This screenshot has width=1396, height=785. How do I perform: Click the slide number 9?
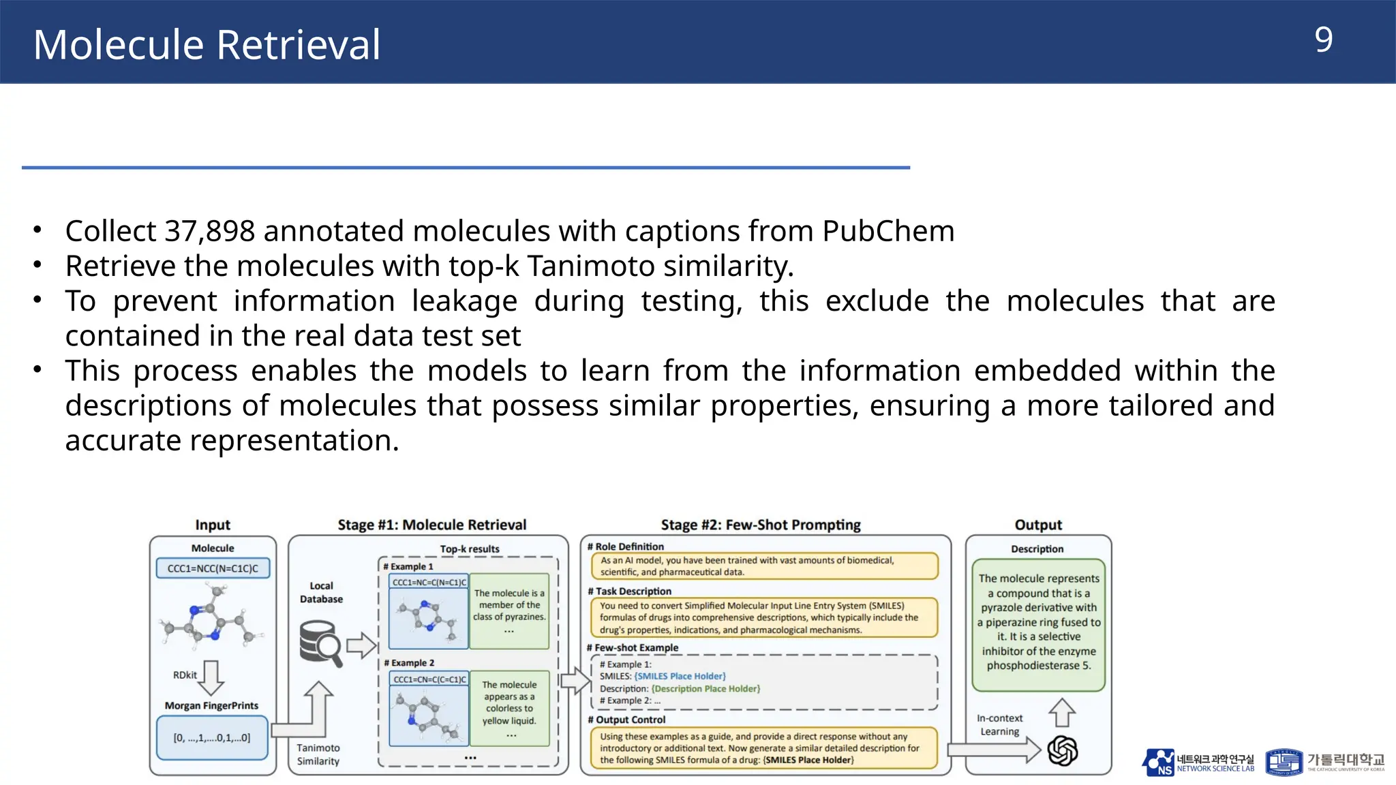click(x=1323, y=40)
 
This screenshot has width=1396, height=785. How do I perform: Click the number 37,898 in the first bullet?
click(x=210, y=232)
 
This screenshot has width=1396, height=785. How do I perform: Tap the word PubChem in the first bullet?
click(x=887, y=232)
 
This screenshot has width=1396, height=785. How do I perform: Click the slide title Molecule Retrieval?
click(x=207, y=45)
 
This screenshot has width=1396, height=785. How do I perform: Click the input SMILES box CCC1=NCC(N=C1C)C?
click(x=213, y=568)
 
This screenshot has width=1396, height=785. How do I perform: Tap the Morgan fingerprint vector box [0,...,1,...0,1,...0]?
click(x=212, y=737)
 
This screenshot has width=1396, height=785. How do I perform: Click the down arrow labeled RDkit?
click(x=211, y=677)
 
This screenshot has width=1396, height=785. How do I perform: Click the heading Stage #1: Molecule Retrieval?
click(x=432, y=525)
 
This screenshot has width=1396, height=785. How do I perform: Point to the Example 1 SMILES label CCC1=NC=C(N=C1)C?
click(x=429, y=582)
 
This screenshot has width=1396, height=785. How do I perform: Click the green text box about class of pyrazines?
click(x=509, y=611)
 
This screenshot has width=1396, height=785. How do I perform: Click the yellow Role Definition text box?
click(x=763, y=566)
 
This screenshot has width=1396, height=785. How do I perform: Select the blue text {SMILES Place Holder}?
click(x=680, y=676)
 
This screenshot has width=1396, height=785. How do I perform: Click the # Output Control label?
click(x=626, y=720)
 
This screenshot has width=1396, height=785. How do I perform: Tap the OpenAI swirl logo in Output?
click(x=1062, y=751)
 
